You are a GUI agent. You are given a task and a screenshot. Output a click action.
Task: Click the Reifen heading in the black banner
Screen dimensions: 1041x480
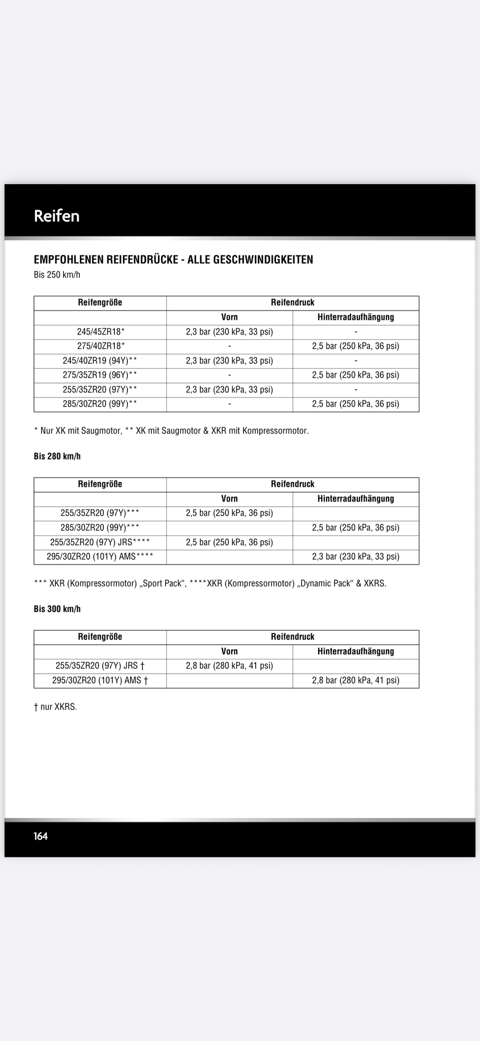[x=56, y=216]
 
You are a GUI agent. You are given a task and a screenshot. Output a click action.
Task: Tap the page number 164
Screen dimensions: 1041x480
[x=41, y=836]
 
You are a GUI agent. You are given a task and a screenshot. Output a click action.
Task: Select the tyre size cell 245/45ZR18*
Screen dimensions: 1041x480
[x=100, y=332]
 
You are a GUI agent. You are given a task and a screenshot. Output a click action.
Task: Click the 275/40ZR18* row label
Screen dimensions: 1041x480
[x=100, y=346]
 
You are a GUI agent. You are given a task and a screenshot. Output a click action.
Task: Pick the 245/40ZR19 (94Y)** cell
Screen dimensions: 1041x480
[x=100, y=361]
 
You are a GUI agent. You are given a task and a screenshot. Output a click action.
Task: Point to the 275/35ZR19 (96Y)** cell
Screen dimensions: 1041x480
[x=100, y=375]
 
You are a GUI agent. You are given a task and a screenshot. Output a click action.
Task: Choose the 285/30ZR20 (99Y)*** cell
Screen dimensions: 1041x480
[x=100, y=528]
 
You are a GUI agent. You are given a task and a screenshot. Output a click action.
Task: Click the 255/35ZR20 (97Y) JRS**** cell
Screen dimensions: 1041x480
[x=100, y=542]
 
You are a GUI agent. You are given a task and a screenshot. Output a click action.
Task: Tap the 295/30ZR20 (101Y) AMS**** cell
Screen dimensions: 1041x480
[x=100, y=557]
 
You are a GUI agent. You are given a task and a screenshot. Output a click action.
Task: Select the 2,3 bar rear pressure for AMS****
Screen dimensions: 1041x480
[x=356, y=557]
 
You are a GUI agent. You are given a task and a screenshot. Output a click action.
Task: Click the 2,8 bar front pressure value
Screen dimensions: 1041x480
[x=230, y=666]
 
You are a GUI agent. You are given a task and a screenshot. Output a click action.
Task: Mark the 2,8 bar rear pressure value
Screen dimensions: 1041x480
[x=356, y=680]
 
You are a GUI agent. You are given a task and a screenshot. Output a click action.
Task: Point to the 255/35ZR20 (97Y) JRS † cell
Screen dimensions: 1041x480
[x=100, y=666]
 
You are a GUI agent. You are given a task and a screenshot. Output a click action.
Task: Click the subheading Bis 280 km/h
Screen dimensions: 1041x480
[x=57, y=457]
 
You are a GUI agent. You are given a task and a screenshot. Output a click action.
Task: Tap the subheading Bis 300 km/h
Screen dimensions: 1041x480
[x=57, y=609]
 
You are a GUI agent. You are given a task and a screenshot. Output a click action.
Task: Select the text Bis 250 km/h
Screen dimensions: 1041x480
[x=57, y=275]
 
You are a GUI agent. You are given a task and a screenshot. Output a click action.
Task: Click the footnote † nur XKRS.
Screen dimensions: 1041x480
[x=55, y=707]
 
